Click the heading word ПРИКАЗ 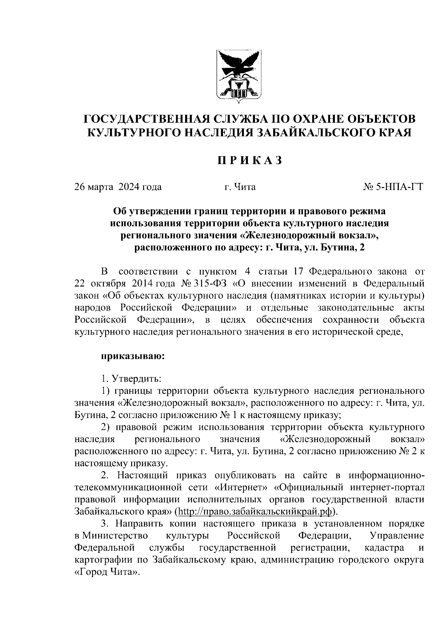coord(249,160)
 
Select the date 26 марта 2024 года coord(118,187)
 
